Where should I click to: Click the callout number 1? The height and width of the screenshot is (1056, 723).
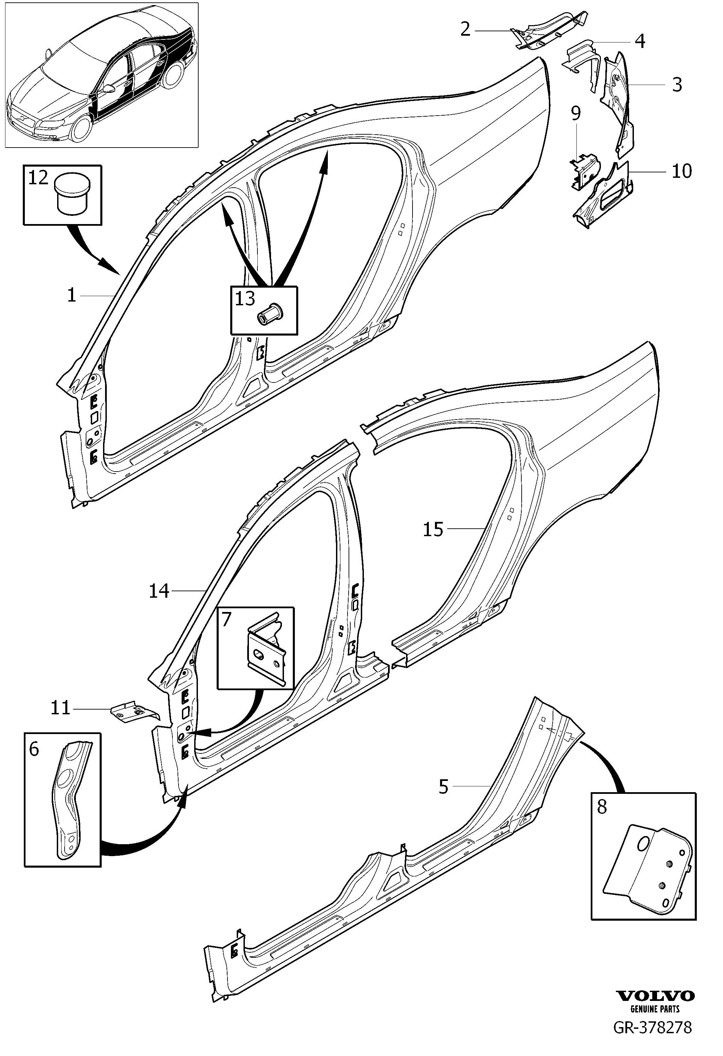[x=71, y=296]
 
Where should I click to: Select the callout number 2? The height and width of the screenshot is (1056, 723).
[x=465, y=30]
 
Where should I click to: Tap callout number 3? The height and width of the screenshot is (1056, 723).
[x=677, y=85]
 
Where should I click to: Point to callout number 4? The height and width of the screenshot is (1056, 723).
[x=640, y=41]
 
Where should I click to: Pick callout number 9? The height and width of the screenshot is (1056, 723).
[x=576, y=113]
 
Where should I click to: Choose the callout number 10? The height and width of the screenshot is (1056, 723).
[x=682, y=171]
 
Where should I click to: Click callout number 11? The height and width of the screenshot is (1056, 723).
[x=61, y=708]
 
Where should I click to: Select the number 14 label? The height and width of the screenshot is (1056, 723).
[x=159, y=591]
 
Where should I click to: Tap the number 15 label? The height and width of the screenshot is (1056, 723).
[x=433, y=529]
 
